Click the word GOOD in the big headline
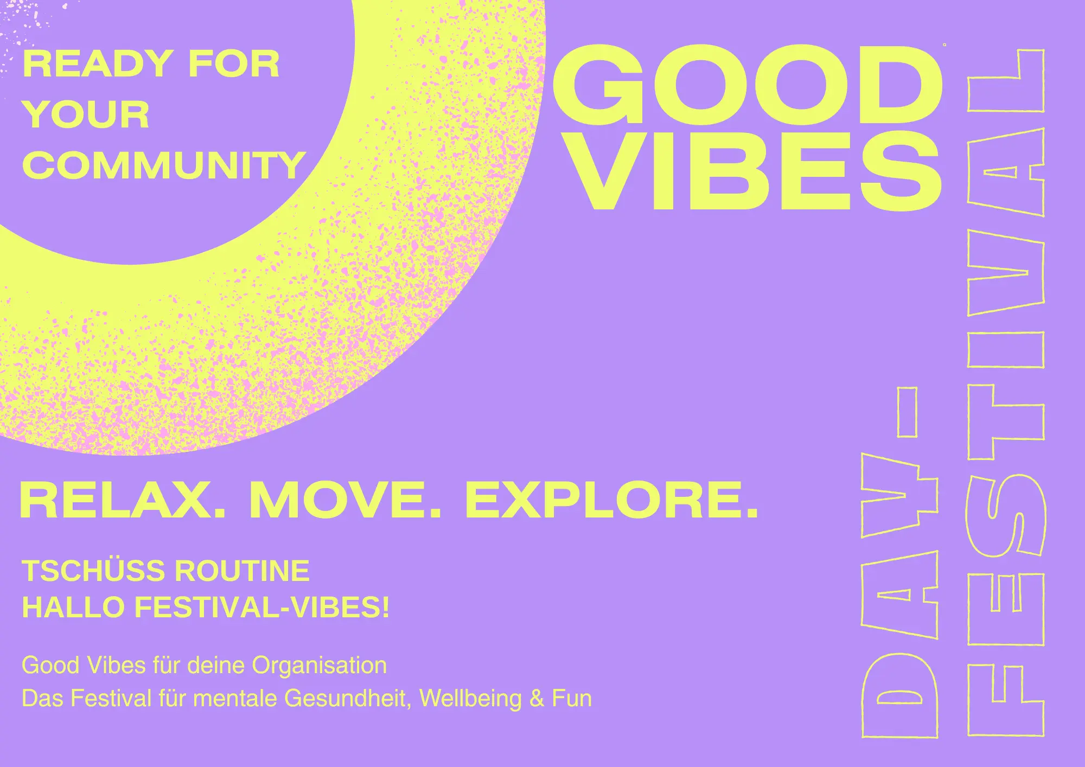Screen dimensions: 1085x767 pyautogui.click(x=748, y=85)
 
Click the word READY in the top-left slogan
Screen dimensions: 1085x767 pyautogui.click(x=98, y=64)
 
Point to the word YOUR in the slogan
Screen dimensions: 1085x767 pyautogui.click(x=86, y=114)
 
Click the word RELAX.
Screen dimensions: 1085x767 pyautogui.click(x=123, y=501)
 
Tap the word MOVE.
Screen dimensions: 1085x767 pyautogui.click(x=345, y=501)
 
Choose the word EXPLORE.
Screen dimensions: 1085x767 pyautogui.click(x=611, y=501)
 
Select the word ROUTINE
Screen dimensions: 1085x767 pyautogui.click(x=242, y=571)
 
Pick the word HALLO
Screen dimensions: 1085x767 pyautogui.click(x=73, y=607)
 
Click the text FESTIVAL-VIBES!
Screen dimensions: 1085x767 pyautogui.click(x=262, y=607)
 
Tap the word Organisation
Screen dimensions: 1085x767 pyautogui.click(x=319, y=666)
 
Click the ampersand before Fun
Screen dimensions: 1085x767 pyautogui.click(x=537, y=699)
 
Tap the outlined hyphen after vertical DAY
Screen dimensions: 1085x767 pyautogui.click(x=908, y=412)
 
